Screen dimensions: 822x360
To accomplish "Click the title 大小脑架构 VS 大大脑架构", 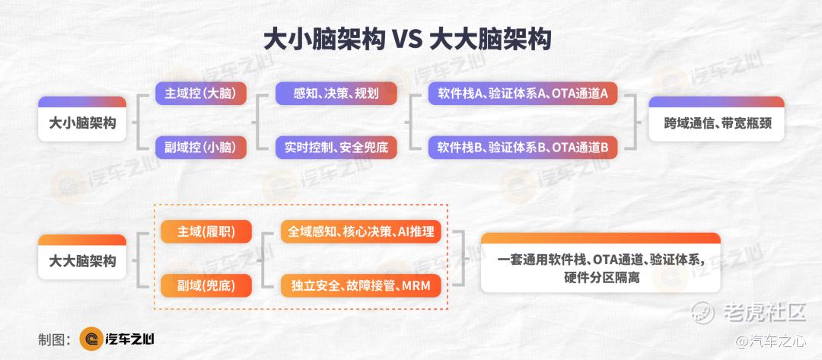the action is (x=406, y=40).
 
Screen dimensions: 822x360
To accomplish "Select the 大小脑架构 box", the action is (x=82, y=119).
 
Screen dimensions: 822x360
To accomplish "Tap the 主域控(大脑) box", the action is (x=201, y=94).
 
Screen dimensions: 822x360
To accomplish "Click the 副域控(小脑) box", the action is (x=201, y=147).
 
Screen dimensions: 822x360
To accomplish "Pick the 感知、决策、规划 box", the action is (x=336, y=94).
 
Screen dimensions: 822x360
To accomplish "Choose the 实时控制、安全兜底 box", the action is (x=336, y=147).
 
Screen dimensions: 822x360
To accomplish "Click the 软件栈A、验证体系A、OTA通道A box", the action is (x=523, y=94).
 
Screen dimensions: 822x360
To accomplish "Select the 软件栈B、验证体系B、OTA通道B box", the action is (x=523, y=147).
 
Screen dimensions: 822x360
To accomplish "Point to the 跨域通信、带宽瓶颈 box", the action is (x=716, y=119).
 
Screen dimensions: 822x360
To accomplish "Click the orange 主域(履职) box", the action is (x=206, y=231).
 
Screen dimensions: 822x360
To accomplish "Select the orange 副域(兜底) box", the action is (x=206, y=285).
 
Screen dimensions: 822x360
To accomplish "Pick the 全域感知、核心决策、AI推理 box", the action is (x=361, y=231).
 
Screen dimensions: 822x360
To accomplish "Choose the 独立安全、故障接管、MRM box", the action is (x=361, y=285).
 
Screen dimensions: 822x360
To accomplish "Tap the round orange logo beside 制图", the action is (x=91, y=339).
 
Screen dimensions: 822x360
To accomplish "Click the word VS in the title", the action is (x=406, y=40).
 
